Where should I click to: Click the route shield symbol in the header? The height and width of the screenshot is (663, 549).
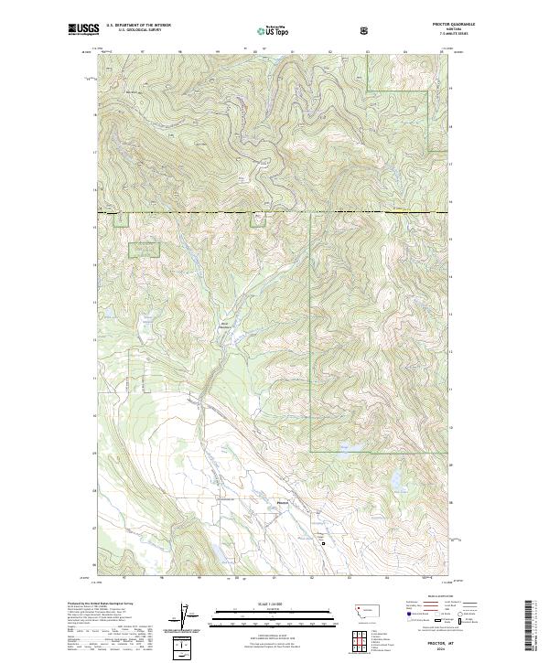(364, 30)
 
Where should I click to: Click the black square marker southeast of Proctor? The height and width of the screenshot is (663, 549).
(322, 542)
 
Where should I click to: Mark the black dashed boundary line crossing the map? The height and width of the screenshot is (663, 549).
(274, 213)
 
